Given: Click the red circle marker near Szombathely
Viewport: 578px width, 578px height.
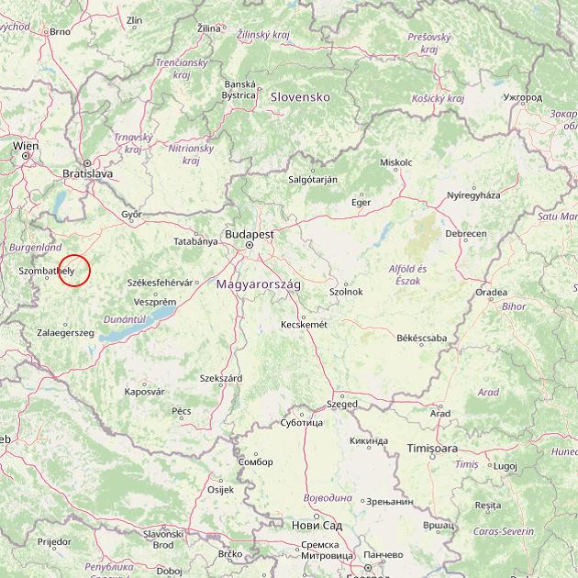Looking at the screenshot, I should pos(75,271).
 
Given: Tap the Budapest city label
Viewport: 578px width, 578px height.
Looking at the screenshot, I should pos(249,234).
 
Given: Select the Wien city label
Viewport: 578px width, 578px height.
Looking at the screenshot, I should pos(26,146).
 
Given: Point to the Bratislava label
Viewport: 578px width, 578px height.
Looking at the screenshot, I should pos(87,172).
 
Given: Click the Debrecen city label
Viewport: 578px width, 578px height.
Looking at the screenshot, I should pos(466,234).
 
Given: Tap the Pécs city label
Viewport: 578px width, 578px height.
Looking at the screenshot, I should pos(182,410).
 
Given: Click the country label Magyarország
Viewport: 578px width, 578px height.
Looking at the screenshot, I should pos(259,284).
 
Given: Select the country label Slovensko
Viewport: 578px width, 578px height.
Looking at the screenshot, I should pos(299,96).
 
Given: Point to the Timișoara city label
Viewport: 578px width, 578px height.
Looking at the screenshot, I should pos(433,449).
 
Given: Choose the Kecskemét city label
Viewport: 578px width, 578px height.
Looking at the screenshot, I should pos(304,324).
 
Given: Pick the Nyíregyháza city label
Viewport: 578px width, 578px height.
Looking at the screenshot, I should pos(473,195).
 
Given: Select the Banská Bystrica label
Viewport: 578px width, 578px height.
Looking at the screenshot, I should pos(239,89).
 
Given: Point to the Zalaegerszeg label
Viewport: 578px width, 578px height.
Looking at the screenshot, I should pos(66,332).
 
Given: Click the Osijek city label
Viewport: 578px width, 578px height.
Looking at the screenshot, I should pos(221,489).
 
